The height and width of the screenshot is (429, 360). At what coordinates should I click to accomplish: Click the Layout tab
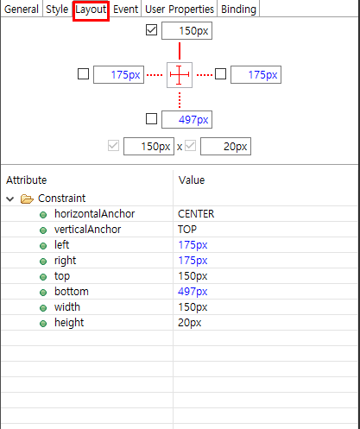tap(91, 9)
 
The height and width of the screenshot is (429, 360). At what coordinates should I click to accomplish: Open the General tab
tap(22, 9)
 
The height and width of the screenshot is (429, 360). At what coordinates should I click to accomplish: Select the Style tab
tap(57, 9)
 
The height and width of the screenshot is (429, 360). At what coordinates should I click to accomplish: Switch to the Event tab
tap(126, 9)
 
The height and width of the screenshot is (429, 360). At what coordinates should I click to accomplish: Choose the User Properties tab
tap(180, 9)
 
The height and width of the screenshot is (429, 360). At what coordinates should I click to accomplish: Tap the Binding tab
tap(238, 9)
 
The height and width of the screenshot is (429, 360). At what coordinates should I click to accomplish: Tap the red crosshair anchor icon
tap(180, 75)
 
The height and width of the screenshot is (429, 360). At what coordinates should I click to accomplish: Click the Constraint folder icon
tap(27, 199)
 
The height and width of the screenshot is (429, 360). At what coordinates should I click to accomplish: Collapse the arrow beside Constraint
tap(10, 199)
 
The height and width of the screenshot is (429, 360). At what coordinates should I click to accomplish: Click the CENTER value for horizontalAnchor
tap(196, 214)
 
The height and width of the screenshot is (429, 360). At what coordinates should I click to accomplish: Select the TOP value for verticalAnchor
tap(187, 230)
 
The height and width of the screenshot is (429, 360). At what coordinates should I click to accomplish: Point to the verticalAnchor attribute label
tap(88, 230)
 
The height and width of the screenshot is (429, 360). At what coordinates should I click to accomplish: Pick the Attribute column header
tap(27, 180)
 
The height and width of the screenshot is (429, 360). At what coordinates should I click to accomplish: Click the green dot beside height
tap(43, 324)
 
